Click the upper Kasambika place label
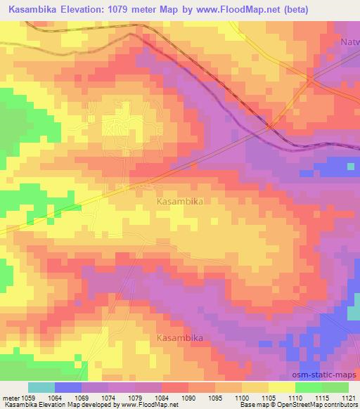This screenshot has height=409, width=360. (179, 201)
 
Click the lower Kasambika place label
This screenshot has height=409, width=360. (179, 338)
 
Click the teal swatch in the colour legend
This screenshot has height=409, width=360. (41, 387)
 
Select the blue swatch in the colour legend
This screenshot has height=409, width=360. (68, 387)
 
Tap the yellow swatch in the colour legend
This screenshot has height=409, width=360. (281, 387)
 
